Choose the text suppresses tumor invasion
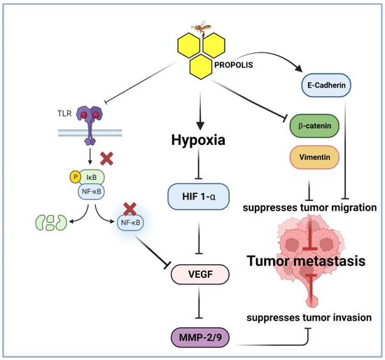click(313, 317)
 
